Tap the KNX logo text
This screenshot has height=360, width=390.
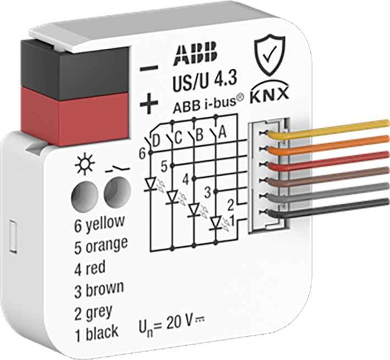coord(270,94)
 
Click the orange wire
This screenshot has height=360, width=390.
coord(328,145)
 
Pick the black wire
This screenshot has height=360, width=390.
coord(328,208)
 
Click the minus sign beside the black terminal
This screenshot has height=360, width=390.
coord(149,68)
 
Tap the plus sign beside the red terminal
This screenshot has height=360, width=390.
coord(149,103)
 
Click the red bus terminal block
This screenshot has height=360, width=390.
coord(75,114)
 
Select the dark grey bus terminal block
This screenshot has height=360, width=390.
coord(75,67)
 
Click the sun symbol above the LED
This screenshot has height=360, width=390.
coord(85,165)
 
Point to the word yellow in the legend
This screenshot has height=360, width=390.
coord(105,223)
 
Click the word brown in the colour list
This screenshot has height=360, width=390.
coord(105,289)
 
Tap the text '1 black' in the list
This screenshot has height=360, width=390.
coord(96,334)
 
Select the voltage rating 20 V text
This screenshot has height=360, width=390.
coord(179,323)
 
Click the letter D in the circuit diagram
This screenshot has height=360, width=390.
coord(156,142)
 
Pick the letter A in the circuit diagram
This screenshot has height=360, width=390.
coord(222,133)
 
